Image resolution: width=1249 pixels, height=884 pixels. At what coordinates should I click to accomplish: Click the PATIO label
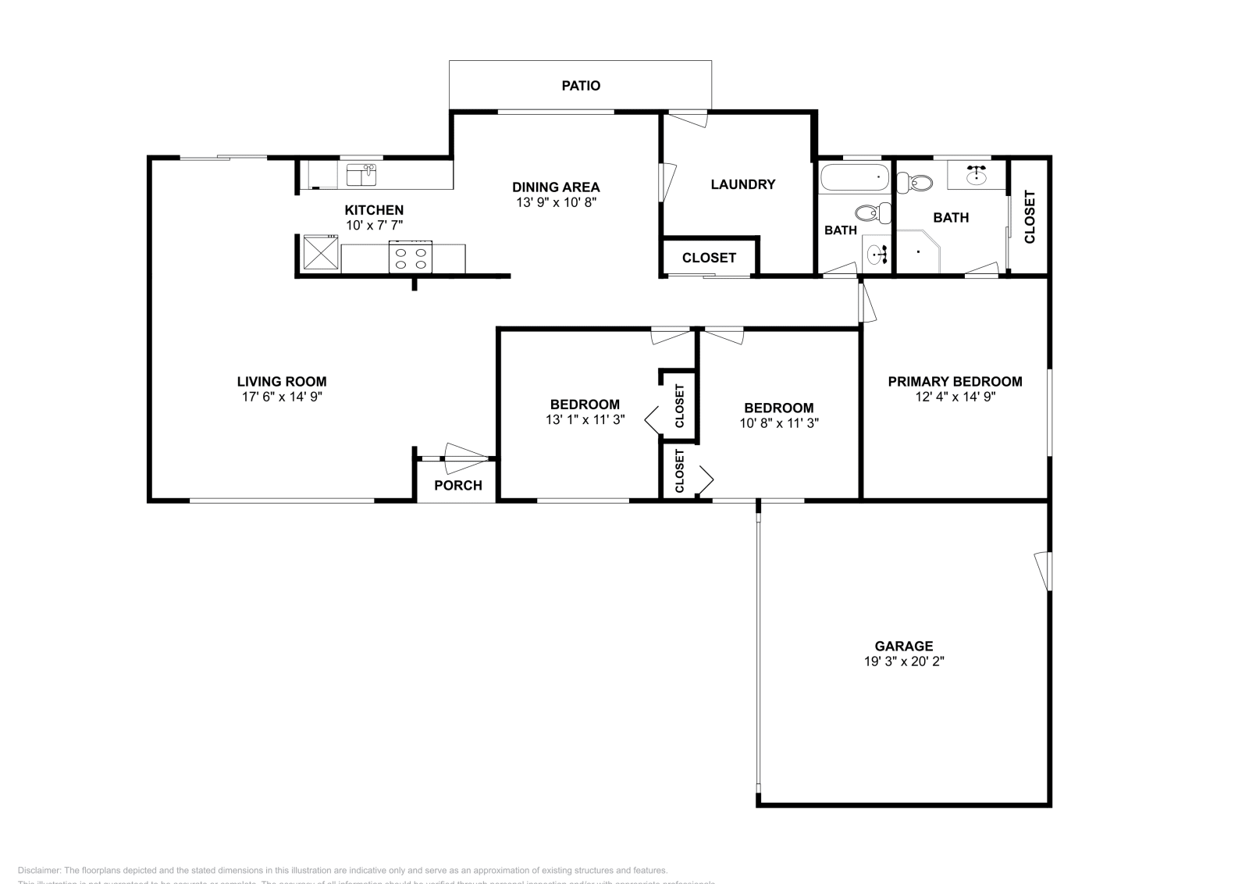(x=581, y=85)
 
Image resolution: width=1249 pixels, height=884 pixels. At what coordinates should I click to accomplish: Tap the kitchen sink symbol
(x=361, y=174)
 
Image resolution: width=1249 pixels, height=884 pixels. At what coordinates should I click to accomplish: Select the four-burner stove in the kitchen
(x=411, y=257)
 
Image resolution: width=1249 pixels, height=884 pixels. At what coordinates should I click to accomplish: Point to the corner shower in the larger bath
(x=920, y=251)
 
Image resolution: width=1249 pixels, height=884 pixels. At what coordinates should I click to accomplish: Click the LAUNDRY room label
(x=742, y=184)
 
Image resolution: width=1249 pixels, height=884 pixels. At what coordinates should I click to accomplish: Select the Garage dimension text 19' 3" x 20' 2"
(x=903, y=661)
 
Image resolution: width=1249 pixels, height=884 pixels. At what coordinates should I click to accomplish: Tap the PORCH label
(x=457, y=485)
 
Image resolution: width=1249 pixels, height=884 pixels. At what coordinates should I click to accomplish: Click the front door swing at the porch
(x=465, y=458)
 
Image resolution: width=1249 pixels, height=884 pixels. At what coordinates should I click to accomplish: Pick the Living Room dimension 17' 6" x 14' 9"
(x=282, y=397)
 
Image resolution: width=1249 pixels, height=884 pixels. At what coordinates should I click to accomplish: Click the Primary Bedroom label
(x=955, y=381)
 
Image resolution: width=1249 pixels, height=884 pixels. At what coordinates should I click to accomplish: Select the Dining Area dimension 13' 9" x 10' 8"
(x=556, y=202)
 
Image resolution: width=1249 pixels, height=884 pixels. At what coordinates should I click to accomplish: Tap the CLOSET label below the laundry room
(x=709, y=258)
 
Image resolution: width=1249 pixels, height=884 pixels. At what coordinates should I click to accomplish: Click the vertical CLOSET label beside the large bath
(x=1029, y=217)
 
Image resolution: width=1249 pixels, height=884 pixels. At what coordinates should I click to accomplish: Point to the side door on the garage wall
(x=1043, y=571)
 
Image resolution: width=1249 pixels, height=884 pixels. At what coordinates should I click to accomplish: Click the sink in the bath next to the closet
(x=976, y=175)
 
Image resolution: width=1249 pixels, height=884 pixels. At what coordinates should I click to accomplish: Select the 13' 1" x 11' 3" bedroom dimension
(x=585, y=419)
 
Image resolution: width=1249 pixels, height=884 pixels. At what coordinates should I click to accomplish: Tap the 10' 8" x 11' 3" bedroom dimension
(x=778, y=423)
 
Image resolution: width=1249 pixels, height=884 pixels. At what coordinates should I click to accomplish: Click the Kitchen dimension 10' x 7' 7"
(x=374, y=226)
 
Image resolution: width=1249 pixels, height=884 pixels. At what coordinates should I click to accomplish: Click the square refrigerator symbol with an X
(x=319, y=253)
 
